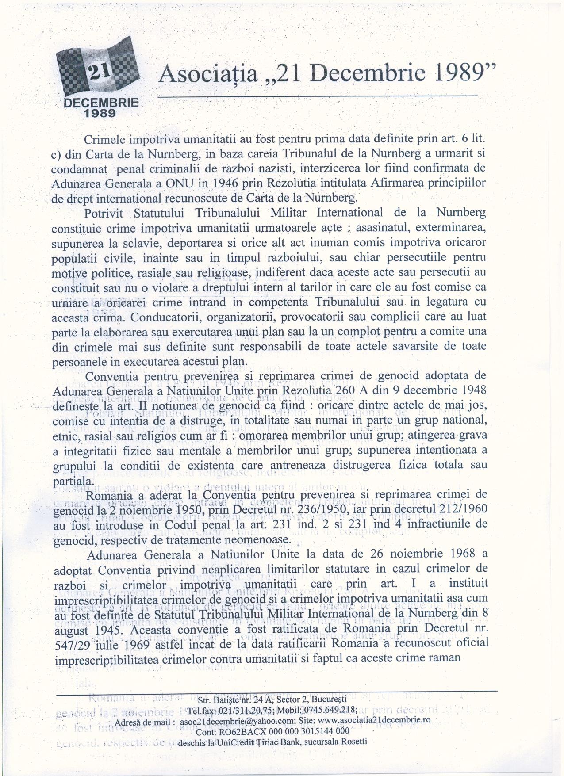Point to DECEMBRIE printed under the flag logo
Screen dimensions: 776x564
pos(101,103)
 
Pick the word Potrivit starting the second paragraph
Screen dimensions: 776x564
pos(105,213)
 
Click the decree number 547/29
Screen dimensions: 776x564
pos(75,643)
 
